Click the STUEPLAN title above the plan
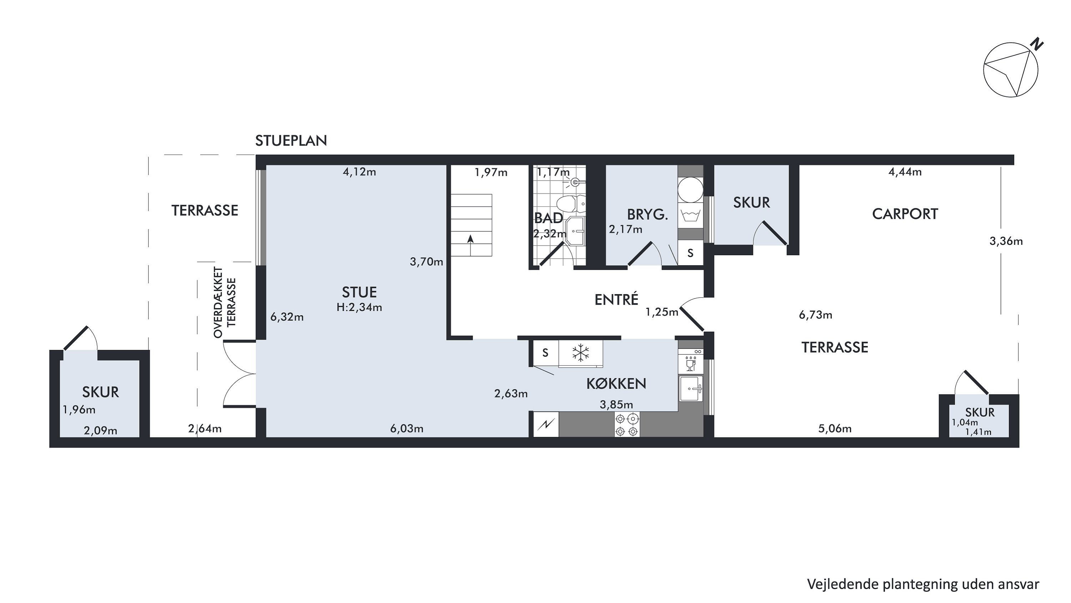291,141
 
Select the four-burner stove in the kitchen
627,425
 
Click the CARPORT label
905,214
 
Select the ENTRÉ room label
616,299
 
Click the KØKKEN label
616,383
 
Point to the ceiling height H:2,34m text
359,307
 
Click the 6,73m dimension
815,315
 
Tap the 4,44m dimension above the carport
905,172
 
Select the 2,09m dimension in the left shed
100,431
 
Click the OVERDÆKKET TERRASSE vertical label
225,302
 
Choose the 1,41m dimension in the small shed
978,432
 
